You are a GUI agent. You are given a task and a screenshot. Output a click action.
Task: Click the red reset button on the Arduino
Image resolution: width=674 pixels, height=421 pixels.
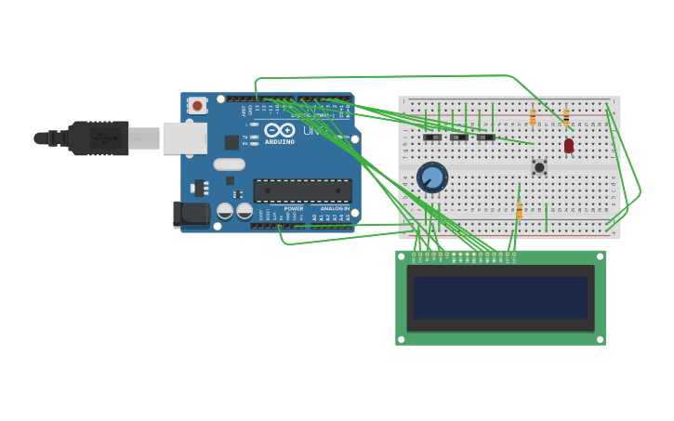(197, 106)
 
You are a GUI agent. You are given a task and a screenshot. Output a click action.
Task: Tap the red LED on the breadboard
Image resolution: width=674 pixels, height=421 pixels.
(569, 146)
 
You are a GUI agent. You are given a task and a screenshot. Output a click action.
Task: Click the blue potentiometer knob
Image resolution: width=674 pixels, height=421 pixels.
(432, 177)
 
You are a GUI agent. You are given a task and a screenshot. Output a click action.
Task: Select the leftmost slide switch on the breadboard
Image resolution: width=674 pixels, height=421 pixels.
(432, 138)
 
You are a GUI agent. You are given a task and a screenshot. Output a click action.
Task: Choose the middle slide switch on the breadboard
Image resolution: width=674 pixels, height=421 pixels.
(459, 138)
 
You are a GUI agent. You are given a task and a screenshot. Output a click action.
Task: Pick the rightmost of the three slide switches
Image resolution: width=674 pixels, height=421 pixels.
(486, 138)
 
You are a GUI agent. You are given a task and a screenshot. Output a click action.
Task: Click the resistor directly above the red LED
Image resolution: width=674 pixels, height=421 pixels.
(565, 117)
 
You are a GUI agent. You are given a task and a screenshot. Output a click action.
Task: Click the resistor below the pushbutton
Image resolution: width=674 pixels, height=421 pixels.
(519, 210)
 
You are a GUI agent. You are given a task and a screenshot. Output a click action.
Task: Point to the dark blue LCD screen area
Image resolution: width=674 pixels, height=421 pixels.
(501, 298)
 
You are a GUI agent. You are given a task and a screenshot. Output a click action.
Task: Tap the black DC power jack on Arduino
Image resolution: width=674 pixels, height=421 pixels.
(192, 214)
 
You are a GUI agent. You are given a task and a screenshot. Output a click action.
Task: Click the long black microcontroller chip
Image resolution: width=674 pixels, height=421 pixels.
(302, 191)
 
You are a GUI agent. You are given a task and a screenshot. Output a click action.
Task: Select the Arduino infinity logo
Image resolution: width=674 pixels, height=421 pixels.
(279, 130)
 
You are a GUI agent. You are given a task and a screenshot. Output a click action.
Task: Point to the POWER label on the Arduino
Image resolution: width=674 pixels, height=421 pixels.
(294, 208)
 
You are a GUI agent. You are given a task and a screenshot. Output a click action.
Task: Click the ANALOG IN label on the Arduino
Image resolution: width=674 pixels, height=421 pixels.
(334, 208)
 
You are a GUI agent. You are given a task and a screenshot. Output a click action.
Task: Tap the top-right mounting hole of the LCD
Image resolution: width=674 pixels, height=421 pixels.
(600, 257)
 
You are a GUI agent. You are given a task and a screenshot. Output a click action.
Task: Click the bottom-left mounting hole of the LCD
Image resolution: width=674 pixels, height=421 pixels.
(402, 339)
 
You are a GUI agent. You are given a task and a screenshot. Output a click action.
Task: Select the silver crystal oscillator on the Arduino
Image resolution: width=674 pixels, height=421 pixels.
(229, 164)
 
